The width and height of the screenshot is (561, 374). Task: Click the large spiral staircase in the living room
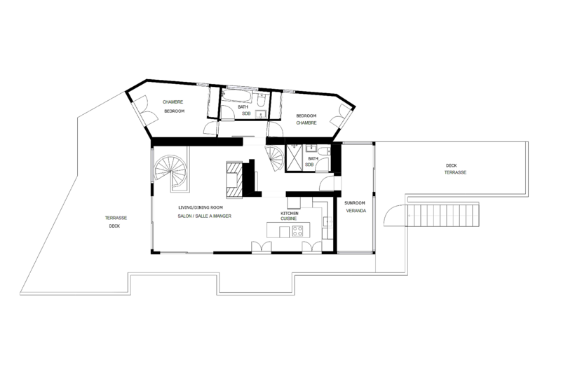coord(171,172)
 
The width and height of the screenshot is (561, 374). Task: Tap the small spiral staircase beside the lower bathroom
coord(274,158)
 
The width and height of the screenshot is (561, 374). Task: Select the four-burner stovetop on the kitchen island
coord(297,231)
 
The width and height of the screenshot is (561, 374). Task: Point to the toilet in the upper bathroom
coord(261,102)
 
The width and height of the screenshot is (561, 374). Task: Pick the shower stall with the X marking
coord(295,158)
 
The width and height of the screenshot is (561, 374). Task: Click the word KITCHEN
coord(290,213)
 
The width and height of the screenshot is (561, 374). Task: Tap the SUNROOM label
coord(355,203)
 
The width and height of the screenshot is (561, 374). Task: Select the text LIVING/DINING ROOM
coord(201,207)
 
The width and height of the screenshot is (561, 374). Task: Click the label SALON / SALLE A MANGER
coord(205,216)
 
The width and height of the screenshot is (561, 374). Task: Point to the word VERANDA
coord(356,211)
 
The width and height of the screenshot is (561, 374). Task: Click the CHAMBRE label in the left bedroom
coord(173,102)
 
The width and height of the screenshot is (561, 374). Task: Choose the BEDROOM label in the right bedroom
coord(306,116)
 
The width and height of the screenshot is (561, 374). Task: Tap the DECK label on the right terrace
coord(451,166)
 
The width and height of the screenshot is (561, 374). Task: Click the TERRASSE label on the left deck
coord(116,218)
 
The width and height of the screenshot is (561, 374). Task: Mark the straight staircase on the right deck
coord(443,214)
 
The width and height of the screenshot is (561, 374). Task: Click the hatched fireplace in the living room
coord(235,179)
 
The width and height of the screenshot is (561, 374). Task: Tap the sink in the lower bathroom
coord(311,148)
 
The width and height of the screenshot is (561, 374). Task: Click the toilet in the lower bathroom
coord(324,151)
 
